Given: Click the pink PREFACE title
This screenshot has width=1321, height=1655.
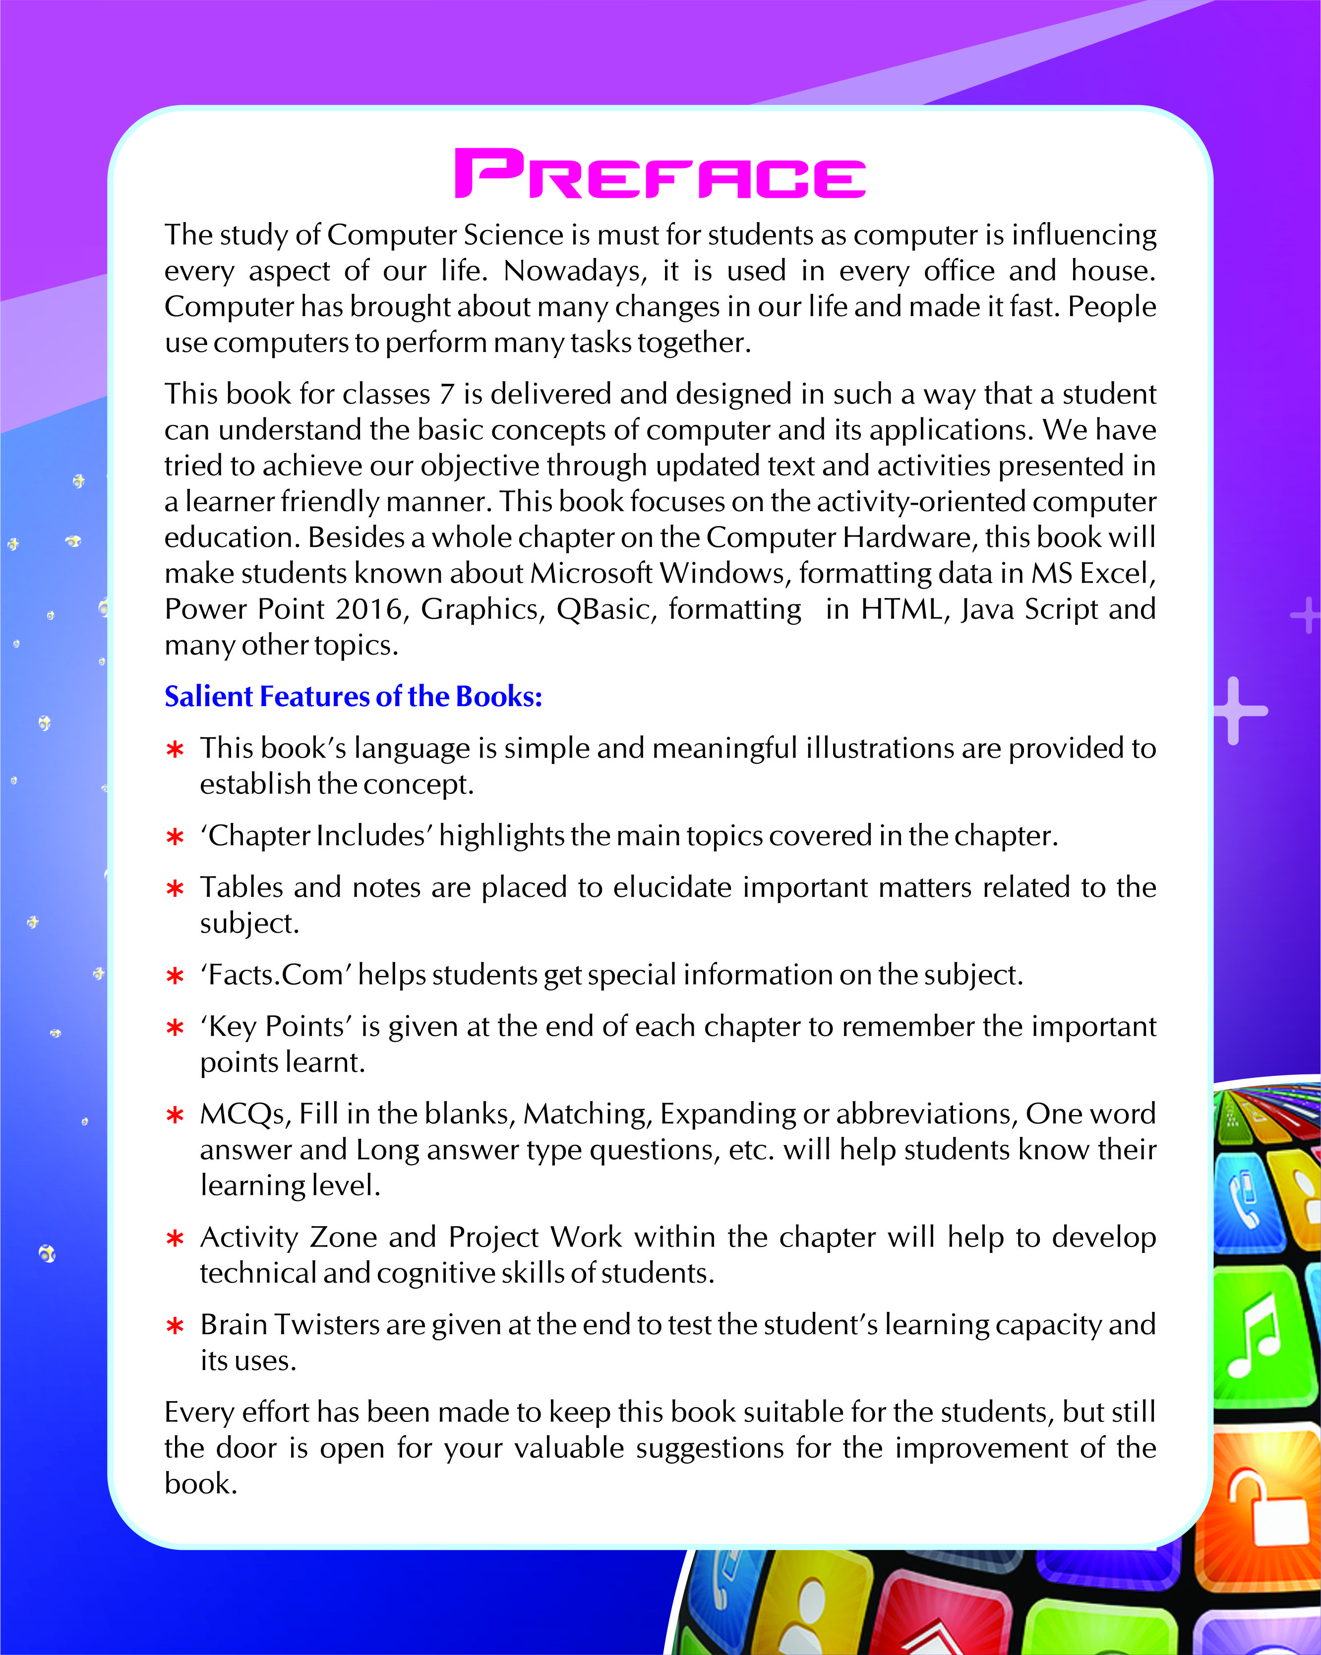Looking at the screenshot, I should coord(660,174).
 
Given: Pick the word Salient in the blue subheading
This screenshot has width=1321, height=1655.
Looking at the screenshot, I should coord(209,696).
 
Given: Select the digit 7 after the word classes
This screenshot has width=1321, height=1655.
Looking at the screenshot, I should coord(447,394).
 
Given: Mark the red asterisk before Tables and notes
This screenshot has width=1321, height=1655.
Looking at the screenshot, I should coord(175,889).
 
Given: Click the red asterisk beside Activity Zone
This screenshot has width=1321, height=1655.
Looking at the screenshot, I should coord(175,1239).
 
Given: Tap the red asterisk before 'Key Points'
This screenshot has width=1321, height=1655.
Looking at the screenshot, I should coord(175,1028).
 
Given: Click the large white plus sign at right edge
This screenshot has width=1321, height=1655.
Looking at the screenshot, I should coord(1234,710).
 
